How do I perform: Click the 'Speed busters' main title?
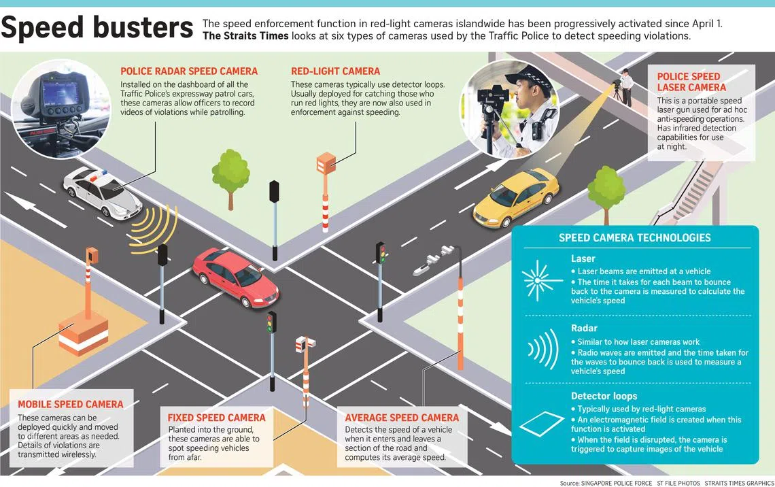click(x=97, y=28)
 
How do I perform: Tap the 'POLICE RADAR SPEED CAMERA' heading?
click(x=189, y=71)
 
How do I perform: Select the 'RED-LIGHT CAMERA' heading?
click(x=336, y=71)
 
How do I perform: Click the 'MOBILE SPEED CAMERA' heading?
click(x=71, y=405)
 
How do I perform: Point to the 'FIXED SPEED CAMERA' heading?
click(x=216, y=418)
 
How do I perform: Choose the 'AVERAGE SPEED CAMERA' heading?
click(x=402, y=418)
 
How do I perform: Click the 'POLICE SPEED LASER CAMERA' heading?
click(x=691, y=82)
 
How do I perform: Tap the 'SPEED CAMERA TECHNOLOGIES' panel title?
click(x=635, y=238)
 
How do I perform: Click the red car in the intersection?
click(x=235, y=277)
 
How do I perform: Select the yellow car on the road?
click(x=516, y=197)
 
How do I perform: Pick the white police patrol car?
click(x=102, y=192)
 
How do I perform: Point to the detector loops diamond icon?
click(x=542, y=423)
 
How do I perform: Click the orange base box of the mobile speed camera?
click(x=83, y=334)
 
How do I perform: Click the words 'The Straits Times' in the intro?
click(x=245, y=36)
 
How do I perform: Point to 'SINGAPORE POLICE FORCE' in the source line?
click(x=617, y=483)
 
